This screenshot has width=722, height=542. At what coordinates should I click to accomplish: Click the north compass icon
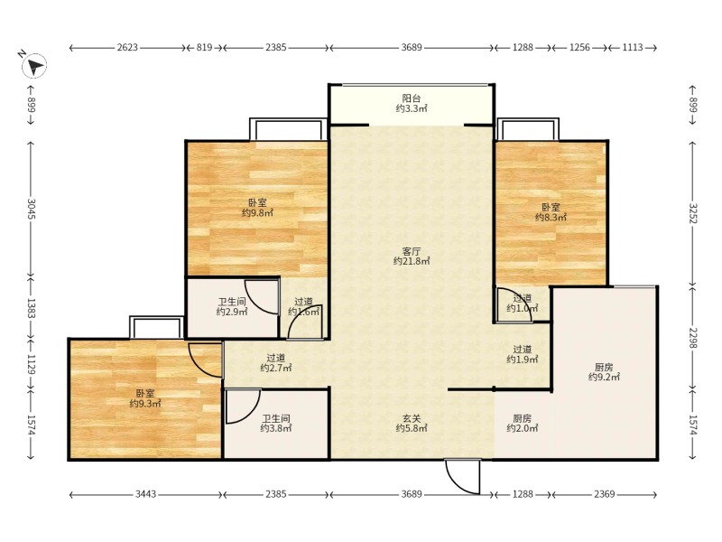tap(33, 64)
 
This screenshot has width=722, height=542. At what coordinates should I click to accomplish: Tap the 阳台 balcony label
tap(412, 104)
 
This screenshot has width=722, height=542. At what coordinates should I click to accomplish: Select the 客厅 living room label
tap(412, 257)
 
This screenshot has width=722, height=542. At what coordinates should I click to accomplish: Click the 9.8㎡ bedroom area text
tap(257, 213)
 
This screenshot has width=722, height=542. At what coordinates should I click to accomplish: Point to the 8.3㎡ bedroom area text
tap(551, 218)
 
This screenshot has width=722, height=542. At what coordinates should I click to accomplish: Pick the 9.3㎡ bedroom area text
tap(145, 404)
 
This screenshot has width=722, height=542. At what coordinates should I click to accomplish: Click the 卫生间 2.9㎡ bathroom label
tap(232, 307)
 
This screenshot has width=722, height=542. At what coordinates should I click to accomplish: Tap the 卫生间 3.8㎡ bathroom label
tap(276, 424)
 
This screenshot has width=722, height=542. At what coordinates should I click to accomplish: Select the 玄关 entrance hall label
tap(412, 424)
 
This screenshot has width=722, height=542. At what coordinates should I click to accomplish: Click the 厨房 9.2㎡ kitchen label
tap(604, 372)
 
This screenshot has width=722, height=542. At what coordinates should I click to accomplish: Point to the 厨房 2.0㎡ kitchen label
tap(523, 424)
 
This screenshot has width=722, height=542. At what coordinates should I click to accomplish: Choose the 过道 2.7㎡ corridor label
tap(276, 363)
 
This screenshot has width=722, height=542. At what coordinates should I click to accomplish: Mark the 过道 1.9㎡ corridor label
tap(523, 354)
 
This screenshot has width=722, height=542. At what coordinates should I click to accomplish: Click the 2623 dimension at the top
tap(127, 47)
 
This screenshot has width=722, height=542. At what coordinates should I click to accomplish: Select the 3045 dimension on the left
tap(32, 209)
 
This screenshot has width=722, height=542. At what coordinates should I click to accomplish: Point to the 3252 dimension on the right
tap(693, 213)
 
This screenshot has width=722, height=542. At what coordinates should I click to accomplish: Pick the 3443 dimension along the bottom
tap(145, 494)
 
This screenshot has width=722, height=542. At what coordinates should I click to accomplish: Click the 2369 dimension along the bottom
tap(604, 494)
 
